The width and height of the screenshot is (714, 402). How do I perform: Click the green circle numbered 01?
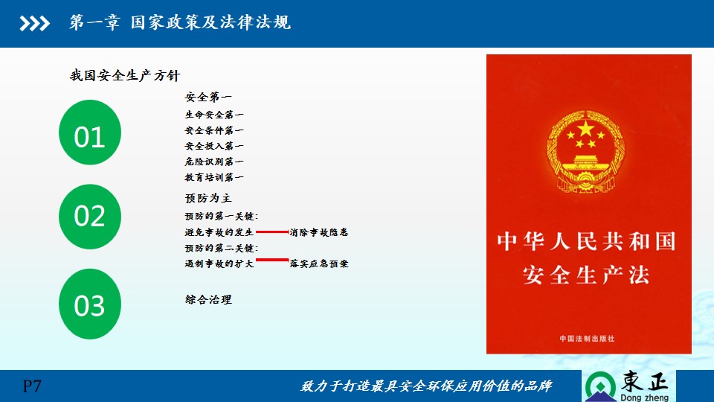click(x=90, y=133)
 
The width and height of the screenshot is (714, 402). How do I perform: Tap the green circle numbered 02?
click(x=90, y=217)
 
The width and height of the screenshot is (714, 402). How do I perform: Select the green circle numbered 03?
click(x=90, y=304)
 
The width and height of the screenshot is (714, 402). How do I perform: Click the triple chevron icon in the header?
click(x=35, y=23)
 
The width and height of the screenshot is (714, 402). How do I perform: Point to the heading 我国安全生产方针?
click(x=125, y=75)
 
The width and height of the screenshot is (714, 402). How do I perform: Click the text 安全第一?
click(x=208, y=97)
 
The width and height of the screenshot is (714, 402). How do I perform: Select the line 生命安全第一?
click(x=214, y=115)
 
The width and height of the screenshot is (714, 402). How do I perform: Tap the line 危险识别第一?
click(x=214, y=162)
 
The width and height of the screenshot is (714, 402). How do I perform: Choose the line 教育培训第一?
click(x=214, y=177)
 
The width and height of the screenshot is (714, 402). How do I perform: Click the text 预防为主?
click(x=208, y=198)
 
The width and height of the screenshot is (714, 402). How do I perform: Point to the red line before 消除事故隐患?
click(x=272, y=232)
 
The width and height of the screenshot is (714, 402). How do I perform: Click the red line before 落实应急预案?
click(x=272, y=260)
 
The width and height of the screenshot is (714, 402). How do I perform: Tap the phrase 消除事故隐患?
click(x=319, y=232)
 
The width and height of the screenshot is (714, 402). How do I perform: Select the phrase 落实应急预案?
click(x=319, y=264)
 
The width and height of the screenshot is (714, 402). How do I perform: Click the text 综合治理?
click(x=208, y=299)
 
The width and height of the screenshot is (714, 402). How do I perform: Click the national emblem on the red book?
click(x=585, y=151)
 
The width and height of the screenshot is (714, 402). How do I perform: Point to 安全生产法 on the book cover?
click(x=586, y=275)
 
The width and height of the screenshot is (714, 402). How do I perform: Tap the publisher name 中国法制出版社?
click(x=587, y=339)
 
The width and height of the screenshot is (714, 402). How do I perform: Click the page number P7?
click(x=32, y=386)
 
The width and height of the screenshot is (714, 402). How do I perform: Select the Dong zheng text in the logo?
click(x=644, y=398)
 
